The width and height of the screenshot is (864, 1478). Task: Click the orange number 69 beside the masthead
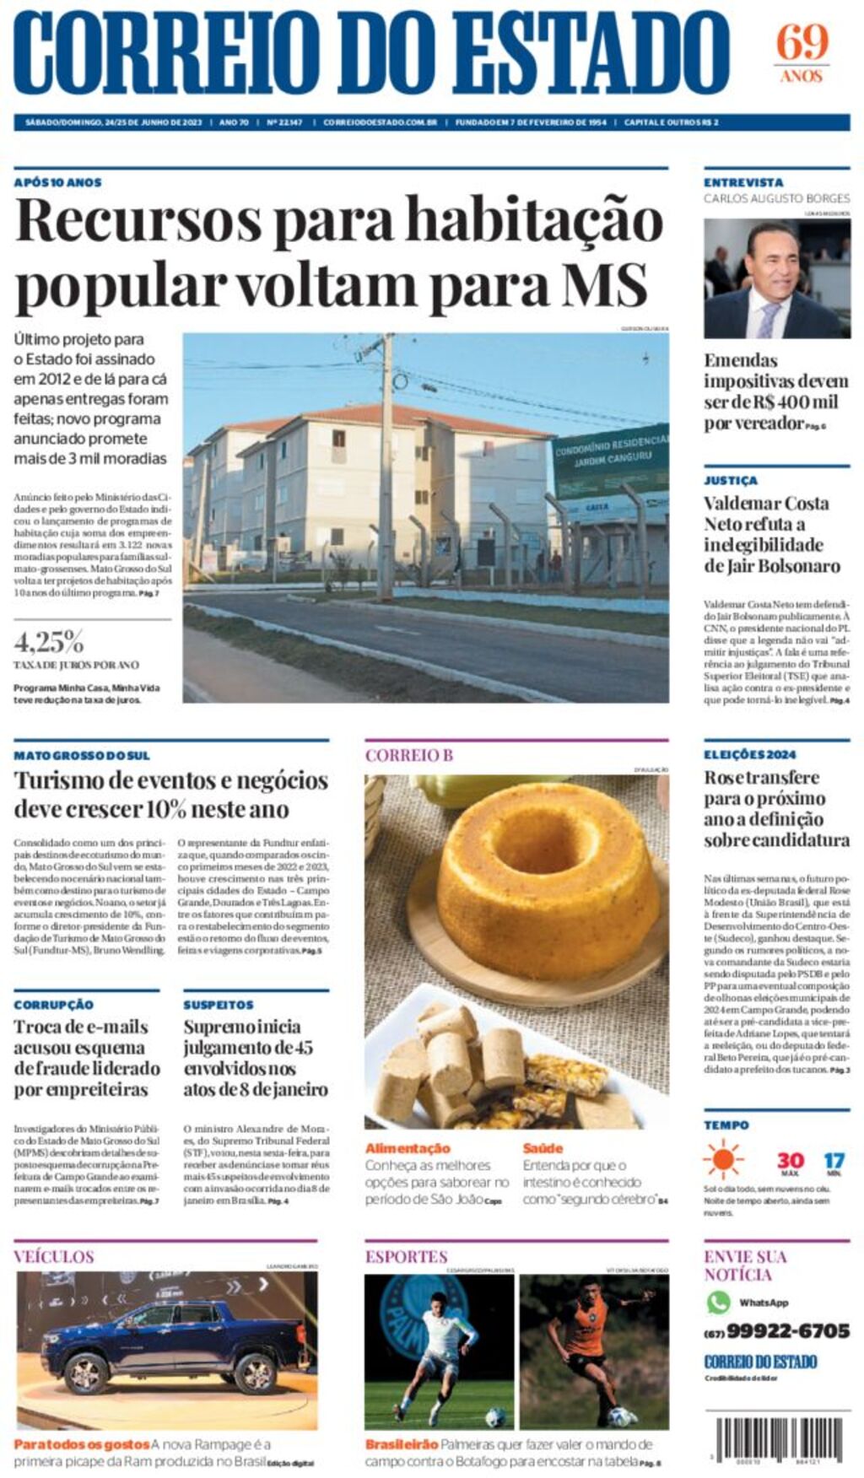pos(802,42)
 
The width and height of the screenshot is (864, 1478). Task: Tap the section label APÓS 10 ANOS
pos(57,182)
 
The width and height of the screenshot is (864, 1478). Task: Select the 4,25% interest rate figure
pos(48,642)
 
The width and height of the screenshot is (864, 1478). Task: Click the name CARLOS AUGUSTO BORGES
pos(776,199)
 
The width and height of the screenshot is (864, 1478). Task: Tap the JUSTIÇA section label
pos(731,480)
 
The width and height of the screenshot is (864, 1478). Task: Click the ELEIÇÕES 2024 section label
pos(749,754)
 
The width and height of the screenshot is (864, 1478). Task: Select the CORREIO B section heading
pos(408,755)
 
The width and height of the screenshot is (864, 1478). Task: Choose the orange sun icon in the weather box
pos(723,1160)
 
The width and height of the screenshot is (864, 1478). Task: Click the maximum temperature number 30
pos(790,1161)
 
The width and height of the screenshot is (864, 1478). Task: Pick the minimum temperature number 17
pos(834,1161)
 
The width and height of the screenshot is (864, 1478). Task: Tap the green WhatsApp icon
pos(718,1302)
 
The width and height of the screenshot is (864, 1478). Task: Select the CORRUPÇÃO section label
pos(53,1005)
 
